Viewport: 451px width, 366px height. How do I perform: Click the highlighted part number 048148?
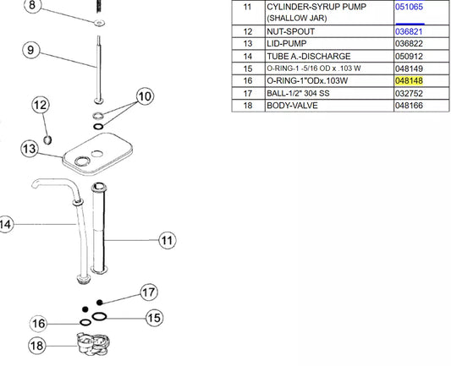pos(409,81)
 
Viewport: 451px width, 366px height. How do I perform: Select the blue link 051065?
pos(409,7)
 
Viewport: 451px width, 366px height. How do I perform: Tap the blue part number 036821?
pos(409,31)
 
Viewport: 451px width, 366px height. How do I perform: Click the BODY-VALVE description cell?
pos(292,106)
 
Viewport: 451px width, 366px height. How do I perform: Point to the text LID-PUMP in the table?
pos(287,44)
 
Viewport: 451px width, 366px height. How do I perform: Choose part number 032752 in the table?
pos(409,93)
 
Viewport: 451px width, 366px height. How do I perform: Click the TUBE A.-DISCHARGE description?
pos(309,57)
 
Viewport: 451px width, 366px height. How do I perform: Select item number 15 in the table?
pos(247,68)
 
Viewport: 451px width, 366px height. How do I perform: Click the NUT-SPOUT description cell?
pos(290,31)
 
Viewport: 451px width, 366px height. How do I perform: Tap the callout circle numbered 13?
pos(30,149)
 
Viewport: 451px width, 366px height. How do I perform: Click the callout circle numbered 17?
pos(149,292)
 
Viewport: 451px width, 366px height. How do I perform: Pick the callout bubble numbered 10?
pos(145,96)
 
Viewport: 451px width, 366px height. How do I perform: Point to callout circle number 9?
pos(30,50)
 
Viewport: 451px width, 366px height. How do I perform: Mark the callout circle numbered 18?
pos(37,346)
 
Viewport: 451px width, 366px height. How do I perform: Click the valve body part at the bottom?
pos(92,344)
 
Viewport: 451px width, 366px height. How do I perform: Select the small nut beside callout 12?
pos(47,140)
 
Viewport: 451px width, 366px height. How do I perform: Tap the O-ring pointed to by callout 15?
pos(99,317)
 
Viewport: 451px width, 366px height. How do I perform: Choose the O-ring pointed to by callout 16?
pos(85,322)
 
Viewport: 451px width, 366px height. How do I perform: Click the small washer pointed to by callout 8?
pos(100,23)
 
